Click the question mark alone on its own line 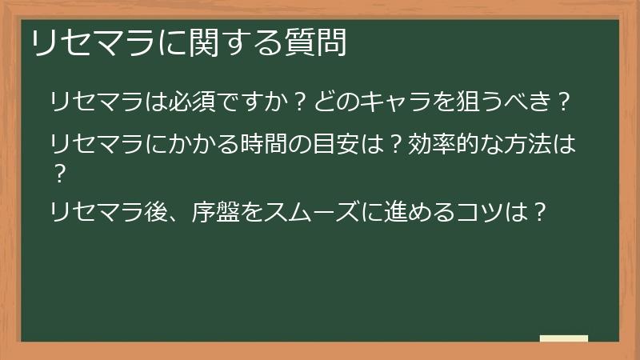tap(57, 170)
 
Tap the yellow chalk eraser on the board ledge tap(563, 338)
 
